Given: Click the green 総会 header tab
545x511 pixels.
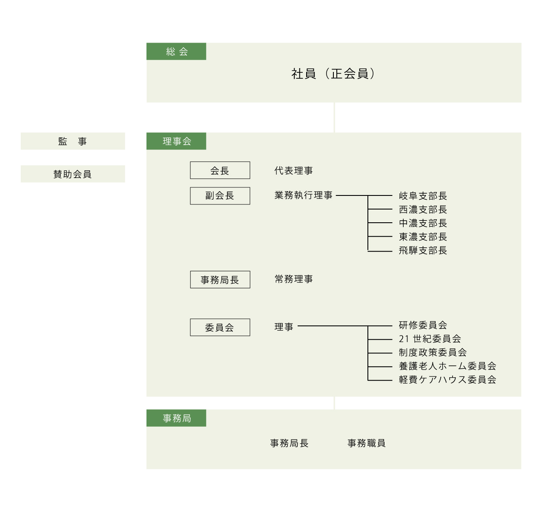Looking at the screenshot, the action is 176,52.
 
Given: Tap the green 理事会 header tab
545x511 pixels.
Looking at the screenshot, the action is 176,141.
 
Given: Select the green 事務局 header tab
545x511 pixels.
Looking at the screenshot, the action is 176,418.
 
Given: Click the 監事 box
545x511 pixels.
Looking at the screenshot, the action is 73,141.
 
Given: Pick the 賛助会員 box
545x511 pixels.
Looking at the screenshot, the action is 73,174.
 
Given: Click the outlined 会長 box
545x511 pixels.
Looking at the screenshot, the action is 220,170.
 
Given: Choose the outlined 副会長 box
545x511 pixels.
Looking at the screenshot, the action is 220,196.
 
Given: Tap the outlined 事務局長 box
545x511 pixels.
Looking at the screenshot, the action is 220,279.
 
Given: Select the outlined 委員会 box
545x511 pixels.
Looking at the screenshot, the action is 220,327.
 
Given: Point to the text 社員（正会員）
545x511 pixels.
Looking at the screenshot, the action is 333,74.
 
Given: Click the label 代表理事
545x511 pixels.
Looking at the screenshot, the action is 294,170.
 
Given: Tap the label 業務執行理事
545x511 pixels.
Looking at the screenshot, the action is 304,195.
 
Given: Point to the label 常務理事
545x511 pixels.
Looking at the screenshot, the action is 294,279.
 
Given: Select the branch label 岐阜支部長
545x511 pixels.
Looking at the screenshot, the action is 423,196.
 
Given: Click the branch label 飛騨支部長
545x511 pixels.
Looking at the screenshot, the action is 423,250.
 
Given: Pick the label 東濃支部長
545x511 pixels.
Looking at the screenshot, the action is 423,237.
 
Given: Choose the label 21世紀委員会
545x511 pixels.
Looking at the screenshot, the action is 430,339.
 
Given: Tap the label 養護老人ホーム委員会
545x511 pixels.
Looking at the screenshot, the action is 447,366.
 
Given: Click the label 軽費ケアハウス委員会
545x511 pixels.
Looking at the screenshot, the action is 447,380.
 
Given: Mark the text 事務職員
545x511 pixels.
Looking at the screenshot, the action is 367,443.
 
